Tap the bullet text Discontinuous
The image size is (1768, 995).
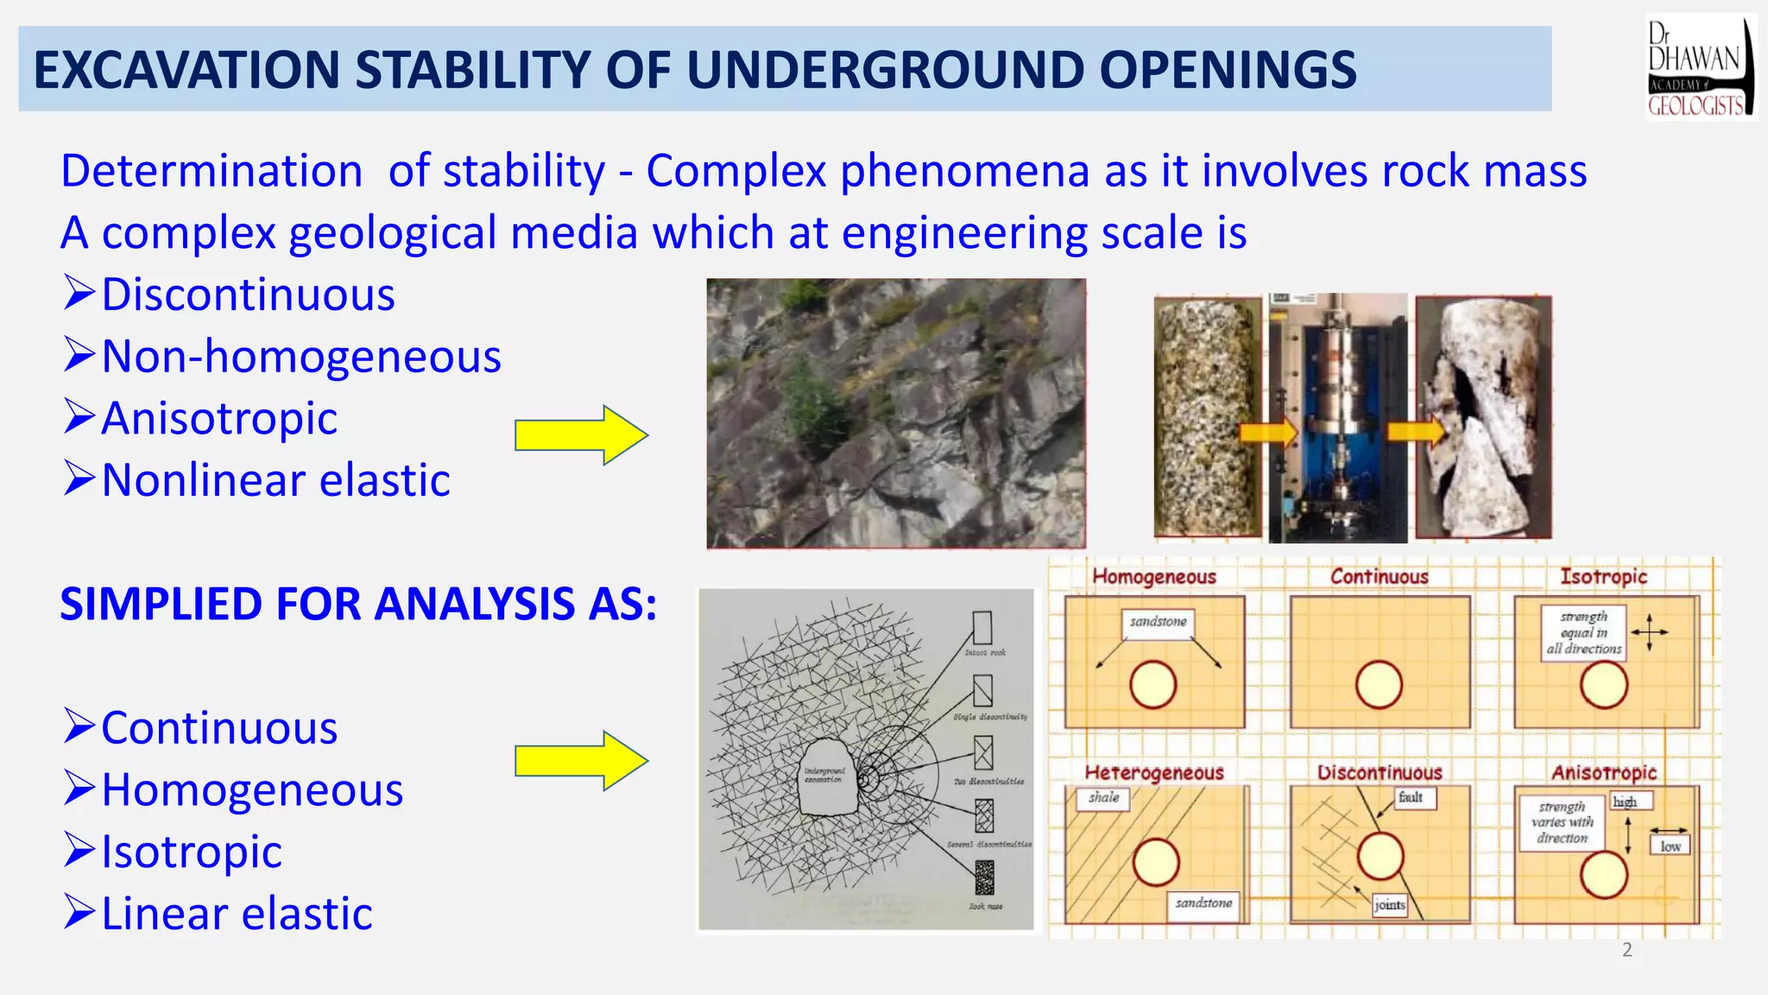coord(248,295)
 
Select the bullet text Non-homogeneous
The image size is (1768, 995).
coord(300,357)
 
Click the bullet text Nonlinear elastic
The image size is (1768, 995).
coord(275,480)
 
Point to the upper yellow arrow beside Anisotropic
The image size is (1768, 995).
coord(580,435)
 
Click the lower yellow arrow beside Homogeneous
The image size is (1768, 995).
coord(580,761)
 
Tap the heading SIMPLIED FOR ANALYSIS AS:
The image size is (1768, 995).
coord(357,604)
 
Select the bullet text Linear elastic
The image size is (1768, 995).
coord(237,914)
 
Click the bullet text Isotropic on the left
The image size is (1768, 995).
coord(191,852)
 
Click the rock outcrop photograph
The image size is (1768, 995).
coord(895,413)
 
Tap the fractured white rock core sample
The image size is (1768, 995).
coord(1482,418)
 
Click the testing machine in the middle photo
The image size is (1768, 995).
coord(1337,418)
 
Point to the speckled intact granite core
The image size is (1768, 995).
coord(1208,418)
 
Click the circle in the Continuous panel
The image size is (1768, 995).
coord(1379,685)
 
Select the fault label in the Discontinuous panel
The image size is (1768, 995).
coord(1411,797)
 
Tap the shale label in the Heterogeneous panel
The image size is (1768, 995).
coord(1103,797)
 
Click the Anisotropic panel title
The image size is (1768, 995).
coord(1603,772)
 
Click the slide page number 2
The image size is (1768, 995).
coord(1626,950)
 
